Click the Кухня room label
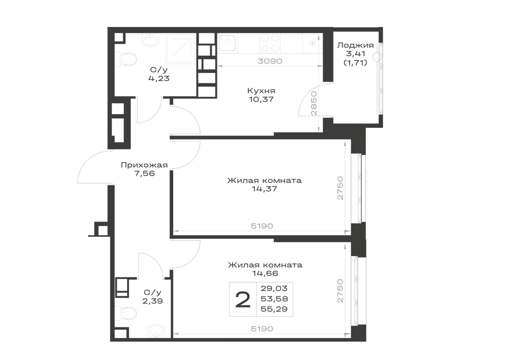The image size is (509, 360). pyautogui.click(x=261, y=91)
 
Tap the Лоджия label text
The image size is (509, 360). pyautogui.click(x=355, y=45)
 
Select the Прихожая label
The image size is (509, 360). pyautogui.click(x=144, y=165)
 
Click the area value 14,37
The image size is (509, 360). pyautogui.click(x=264, y=188)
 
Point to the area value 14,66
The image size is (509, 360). pyautogui.click(x=265, y=273)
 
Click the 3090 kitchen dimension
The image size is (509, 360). pyautogui.click(x=270, y=61)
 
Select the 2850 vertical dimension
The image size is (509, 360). pyautogui.click(x=314, y=103)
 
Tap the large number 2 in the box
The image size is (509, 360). pyautogui.click(x=243, y=299)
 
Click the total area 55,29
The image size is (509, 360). pyautogui.click(x=274, y=309)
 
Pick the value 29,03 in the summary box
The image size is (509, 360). pyautogui.click(x=274, y=288)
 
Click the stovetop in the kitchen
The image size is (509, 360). pyautogui.click(x=270, y=43)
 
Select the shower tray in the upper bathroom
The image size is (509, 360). pyautogui.click(x=181, y=48)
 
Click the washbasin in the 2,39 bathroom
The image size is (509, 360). pyautogui.click(x=157, y=332)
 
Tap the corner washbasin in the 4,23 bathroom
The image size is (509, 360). pyautogui.click(x=150, y=40)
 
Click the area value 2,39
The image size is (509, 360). pyautogui.click(x=153, y=301)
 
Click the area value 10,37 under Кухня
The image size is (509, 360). pyautogui.click(x=261, y=99)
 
